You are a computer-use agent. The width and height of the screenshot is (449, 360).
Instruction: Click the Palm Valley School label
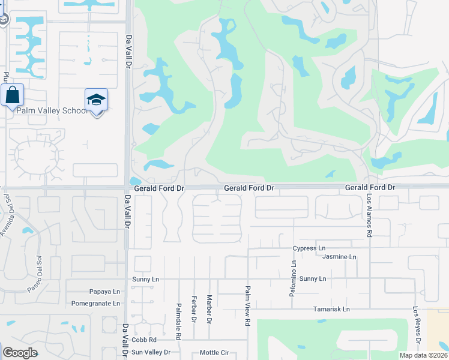tap(52, 110)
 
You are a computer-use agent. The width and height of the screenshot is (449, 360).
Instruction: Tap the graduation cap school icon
tap(96, 100)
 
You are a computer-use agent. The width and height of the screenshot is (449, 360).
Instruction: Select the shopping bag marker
tap(12, 95)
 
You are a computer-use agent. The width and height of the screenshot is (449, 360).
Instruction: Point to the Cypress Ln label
tap(309, 248)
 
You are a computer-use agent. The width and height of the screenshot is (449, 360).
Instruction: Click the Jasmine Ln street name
tap(339, 257)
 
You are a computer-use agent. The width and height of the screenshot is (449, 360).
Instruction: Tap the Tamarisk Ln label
tap(331, 310)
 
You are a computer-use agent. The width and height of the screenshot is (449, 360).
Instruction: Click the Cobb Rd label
tap(144, 340)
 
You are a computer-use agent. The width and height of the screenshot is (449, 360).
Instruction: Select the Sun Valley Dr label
tap(151, 352)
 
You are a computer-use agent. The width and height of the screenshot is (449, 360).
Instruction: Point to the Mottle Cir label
tap(214, 352)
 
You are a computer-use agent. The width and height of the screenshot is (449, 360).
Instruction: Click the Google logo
tap(20, 353)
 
